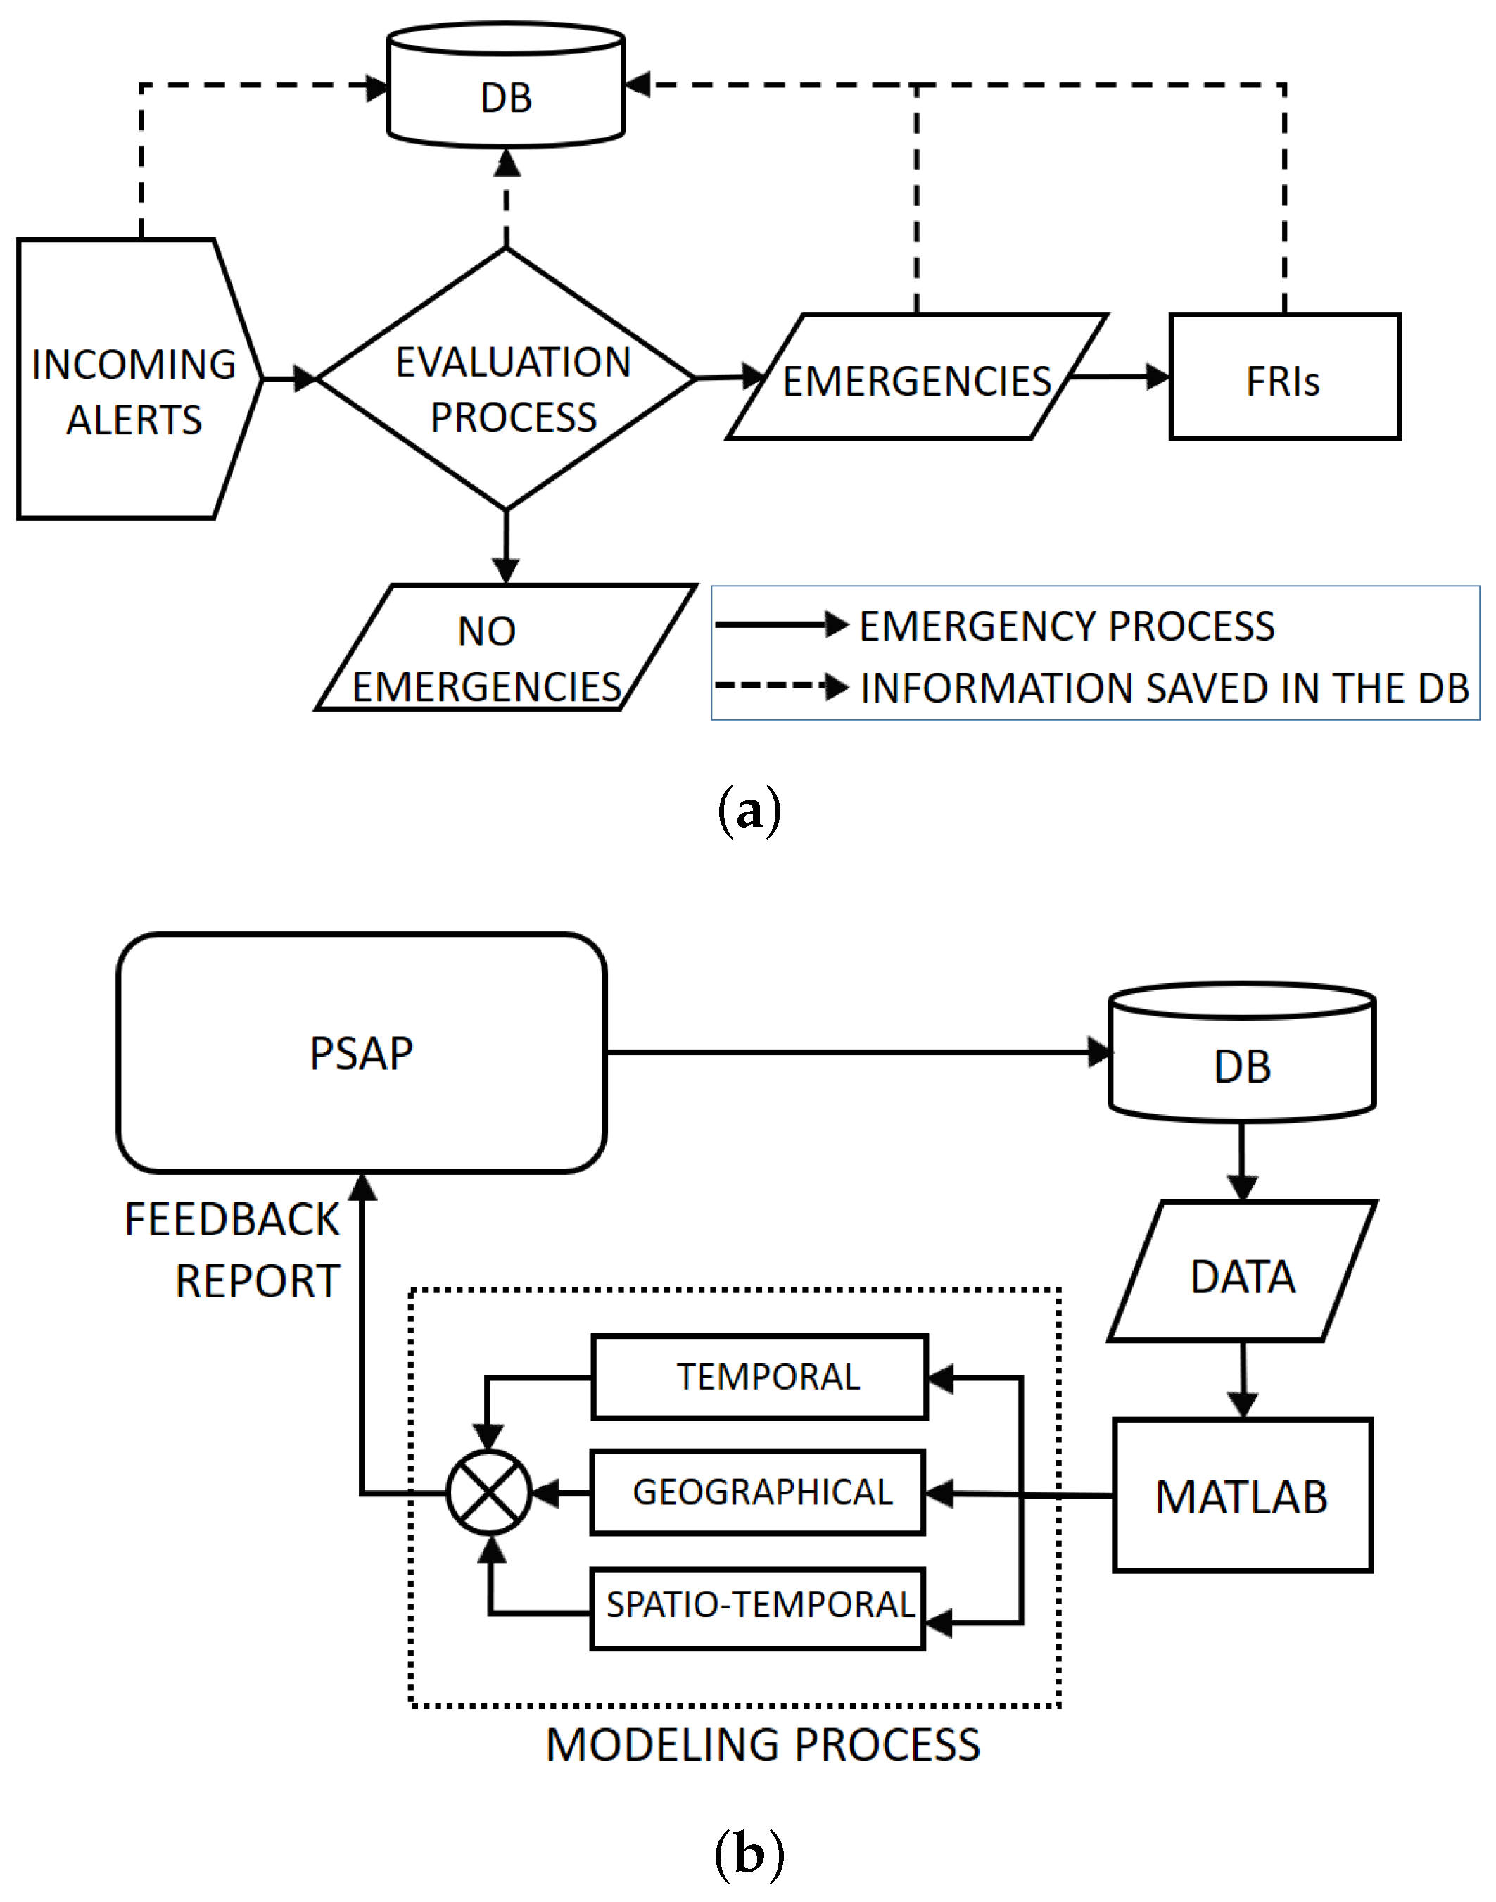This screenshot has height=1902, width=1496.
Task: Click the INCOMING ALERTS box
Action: tap(140, 379)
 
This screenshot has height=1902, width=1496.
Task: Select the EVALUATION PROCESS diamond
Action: tap(506, 379)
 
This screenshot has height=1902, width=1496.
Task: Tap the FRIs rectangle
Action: tap(1285, 376)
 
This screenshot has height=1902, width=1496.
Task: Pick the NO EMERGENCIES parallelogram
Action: tap(506, 647)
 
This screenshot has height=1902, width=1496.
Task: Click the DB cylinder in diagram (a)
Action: tap(506, 85)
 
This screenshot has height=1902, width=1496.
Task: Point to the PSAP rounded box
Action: tap(362, 1052)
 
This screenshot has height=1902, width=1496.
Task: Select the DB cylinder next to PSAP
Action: tap(1242, 1052)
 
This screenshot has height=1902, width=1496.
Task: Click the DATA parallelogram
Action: tap(1242, 1271)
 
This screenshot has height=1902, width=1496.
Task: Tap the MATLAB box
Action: tap(1242, 1496)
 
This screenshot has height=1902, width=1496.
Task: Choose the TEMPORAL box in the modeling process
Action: tap(759, 1376)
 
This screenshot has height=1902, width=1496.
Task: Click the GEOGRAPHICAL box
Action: tap(758, 1492)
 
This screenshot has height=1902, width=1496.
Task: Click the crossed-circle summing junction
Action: tap(489, 1492)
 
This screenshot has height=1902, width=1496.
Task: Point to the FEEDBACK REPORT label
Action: tap(232, 1249)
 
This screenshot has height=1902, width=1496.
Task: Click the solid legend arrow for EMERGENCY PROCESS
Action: tap(782, 624)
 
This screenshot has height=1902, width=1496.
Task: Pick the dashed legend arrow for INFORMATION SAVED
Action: tap(782, 686)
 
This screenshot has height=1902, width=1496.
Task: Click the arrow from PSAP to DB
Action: tap(858, 1052)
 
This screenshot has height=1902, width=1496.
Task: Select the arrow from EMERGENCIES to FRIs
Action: tap(1120, 377)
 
